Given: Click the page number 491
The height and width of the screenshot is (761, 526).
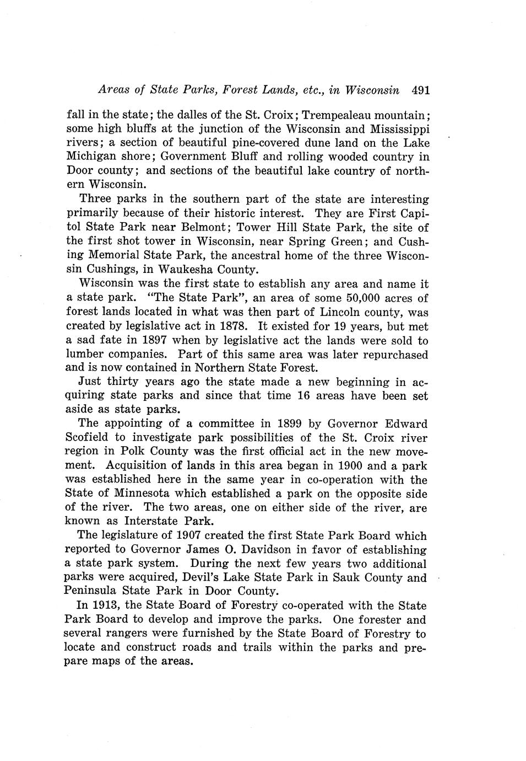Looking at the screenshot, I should (x=420, y=90).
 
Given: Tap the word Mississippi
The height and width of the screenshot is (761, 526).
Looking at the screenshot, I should (x=397, y=129).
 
